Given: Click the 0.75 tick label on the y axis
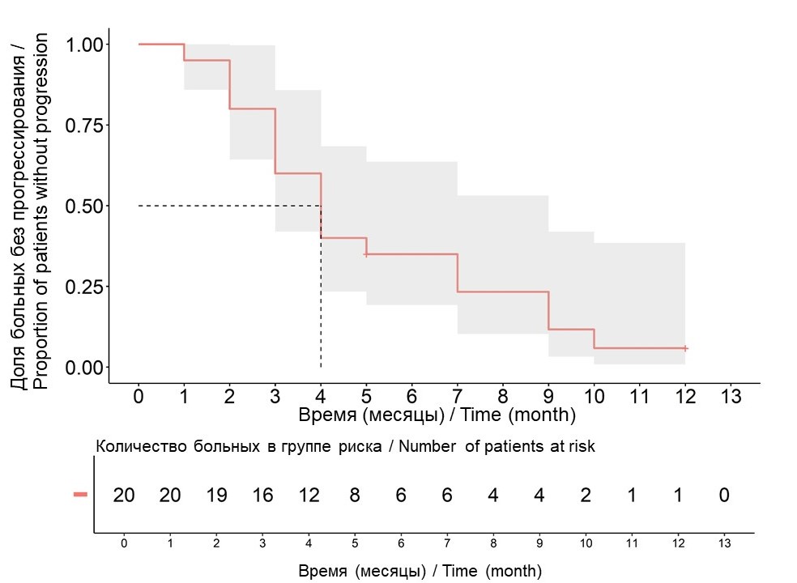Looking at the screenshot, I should click(x=87, y=125).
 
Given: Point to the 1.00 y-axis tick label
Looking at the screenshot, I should click(x=87, y=44).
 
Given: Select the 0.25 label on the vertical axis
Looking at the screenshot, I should click(x=87, y=287).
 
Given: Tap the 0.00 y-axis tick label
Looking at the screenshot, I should click(x=87, y=368).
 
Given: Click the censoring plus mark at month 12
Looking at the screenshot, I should click(x=685, y=348).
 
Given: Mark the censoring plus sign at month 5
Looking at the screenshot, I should click(x=366, y=254).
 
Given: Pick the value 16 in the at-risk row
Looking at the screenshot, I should click(x=262, y=496).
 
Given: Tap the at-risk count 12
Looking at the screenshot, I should click(x=308, y=496).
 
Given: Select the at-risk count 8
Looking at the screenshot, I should click(x=354, y=496).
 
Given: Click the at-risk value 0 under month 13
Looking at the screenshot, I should click(x=724, y=496).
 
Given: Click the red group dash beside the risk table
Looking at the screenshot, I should click(x=80, y=494).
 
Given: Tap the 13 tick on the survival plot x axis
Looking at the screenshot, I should click(x=731, y=397).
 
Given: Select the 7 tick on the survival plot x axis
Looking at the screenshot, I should click(x=458, y=397).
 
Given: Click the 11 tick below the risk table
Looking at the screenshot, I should click(x=632, y=543).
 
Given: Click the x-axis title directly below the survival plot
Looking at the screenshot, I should click(x=437, y=415).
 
